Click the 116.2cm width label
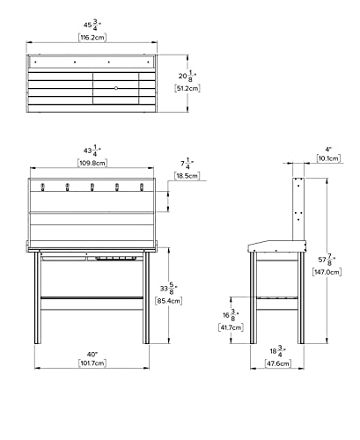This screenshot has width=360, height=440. click(x=92, y=38)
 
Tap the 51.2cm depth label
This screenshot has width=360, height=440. click(x=187, y=88)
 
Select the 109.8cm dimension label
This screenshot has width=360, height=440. click(x=92, y=163)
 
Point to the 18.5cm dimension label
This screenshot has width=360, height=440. click(x=187, y=176)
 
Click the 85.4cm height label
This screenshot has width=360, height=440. click(x=168, y=301)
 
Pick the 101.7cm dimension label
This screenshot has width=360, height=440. click(x=92, y=363)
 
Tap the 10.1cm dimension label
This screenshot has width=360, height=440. click(x=328, y=158)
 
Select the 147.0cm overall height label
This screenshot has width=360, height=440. click(x=327, y=272)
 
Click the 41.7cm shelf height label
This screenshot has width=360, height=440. click(x=231, y=327)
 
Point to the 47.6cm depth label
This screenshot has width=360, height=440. click(x=277, y=363)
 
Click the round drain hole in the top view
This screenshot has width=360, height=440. click(x=116, y=88)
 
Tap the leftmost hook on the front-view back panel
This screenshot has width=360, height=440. click(x=42, y=187)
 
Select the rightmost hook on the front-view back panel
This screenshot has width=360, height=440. click(x=142, y=187)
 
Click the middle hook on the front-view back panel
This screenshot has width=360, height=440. click(x=92, y=187)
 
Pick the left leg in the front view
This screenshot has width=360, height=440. click(x=37, y=297)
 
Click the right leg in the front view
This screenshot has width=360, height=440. click(x=146, y=297)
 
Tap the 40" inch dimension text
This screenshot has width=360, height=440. click(x=92, y=355)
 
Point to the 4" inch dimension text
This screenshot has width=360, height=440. click(x=328, y=149)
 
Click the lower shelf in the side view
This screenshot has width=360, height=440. click(x=277, y=297)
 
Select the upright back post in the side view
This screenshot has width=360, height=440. click(x=298, y=209)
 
